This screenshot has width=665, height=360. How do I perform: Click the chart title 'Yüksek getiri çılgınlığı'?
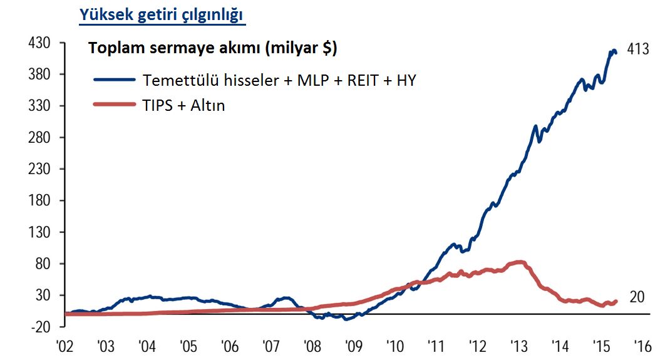point(162,15)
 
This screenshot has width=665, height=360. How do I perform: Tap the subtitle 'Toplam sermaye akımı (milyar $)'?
point(212,48)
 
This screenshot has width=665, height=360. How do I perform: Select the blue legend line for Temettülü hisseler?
point(115,80)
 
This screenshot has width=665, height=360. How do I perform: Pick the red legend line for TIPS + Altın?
point(115,105)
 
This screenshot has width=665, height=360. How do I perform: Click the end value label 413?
point(638,49)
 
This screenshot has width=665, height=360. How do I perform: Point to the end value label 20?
point(637,297)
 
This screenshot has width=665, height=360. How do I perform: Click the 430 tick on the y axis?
point(39,43)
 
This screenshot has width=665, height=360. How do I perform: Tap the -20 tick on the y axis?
point(39,327)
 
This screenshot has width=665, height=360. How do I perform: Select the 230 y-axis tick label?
point(39,169)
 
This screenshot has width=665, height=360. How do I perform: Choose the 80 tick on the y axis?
point(43,264)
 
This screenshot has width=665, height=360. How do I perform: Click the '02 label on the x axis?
point(65,346)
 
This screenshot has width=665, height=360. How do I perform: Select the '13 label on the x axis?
point(519,346)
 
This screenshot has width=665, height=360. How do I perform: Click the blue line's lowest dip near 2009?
point(346,319)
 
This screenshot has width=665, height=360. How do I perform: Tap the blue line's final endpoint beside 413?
point(616,53)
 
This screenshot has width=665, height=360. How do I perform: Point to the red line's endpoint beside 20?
point(616,302)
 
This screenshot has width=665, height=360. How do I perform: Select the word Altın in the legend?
point(208,105)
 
